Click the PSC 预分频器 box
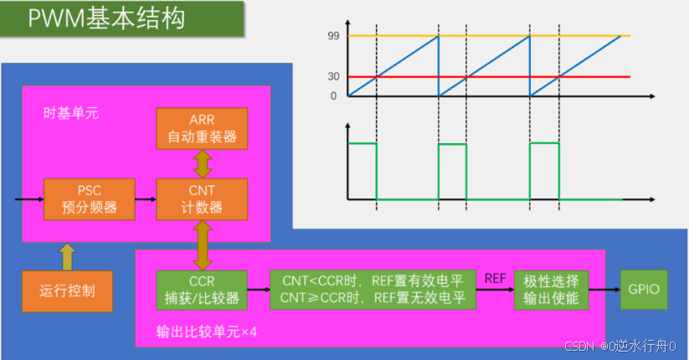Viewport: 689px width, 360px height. pyautogui.click(x=90, y=199)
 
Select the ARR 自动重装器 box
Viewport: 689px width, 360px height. pyautogui.click(x=202, y=127)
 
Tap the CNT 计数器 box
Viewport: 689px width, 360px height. pyautogui.click(x=202, y=199)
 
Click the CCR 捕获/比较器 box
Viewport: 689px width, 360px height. pyautogui.click(x=202, y=290)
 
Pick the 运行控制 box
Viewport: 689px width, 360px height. pyautogui.click(x=67, y=291)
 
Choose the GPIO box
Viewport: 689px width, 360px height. pyautogui.click(x=644, y=290)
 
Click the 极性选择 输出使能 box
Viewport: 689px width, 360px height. pyautogui.click(x=552, y=289)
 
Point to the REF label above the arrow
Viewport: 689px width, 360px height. pyautogui.click(x=495, y=277)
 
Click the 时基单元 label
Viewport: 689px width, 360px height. pyautogui.click(x=71, y=112)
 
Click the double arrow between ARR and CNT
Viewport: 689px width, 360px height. pyautogui.click(x=202, y=163)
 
